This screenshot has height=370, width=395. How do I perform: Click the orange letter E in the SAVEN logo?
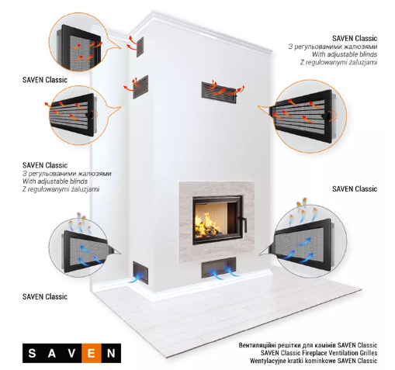(91, 353)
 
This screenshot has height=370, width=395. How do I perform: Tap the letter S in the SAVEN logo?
(32, 353)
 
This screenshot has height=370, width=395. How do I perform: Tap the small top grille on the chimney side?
(140, 47)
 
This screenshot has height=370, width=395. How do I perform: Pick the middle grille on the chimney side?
(140, 87)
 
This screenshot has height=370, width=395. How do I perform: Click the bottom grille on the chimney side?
(140, 271)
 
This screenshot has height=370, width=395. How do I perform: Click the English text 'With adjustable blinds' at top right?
(345, 54)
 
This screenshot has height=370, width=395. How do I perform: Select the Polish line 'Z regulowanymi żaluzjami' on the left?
(61, 189)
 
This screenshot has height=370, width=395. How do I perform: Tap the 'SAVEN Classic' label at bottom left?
(45, 296)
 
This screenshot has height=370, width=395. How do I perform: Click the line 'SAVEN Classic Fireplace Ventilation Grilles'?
(319, 353)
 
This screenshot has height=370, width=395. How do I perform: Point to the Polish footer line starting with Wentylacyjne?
(314, 361)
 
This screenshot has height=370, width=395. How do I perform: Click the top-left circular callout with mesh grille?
(78, 42)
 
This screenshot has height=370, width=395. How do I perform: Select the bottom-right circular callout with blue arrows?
(310, 241)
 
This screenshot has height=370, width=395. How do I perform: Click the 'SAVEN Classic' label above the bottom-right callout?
(355, 189)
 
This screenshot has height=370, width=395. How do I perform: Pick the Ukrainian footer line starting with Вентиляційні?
(308, 345)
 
